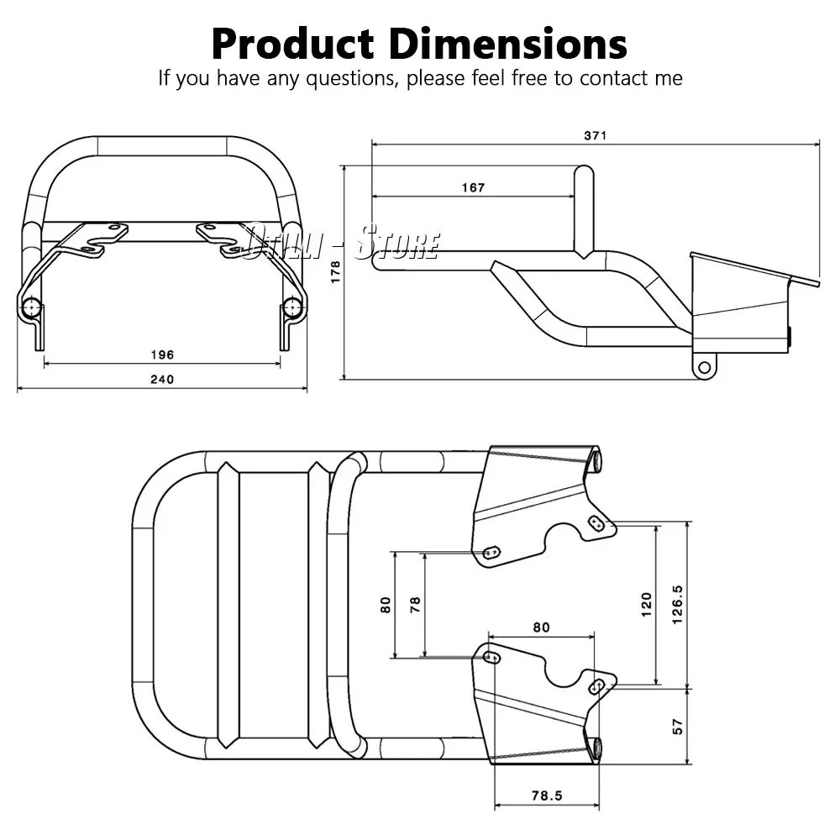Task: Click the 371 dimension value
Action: [x=595, y=134]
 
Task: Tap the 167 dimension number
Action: [x=473, y=187]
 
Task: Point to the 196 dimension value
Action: [x=162, y=354]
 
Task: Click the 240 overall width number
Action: [x=162, y=380]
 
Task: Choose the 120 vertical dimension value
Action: [x=646, y=602]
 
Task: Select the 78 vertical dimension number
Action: [x=415, y=605]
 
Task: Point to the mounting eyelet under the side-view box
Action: [x=705, y=366]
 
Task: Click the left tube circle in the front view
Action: [x=33, y=307]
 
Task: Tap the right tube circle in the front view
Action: [x=292, y=307]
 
